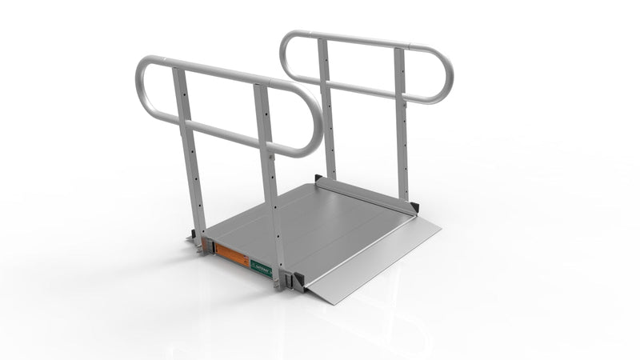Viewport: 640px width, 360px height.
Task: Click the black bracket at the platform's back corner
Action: click(x=319, y=179)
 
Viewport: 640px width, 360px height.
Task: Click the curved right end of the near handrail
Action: click(x=316, y=128)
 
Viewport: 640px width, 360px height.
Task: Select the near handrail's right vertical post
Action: click(x=270, y=184)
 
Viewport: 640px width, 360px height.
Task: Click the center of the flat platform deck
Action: click(x=320, y=224)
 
